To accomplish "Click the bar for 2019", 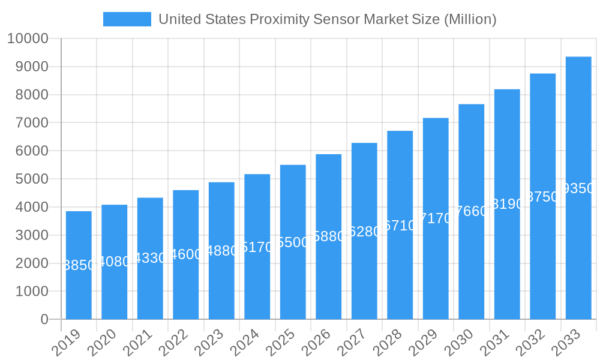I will (79, 288).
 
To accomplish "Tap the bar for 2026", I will (328, 276).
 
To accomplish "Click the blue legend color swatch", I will (127, 19).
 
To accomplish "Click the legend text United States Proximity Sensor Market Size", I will (327, 19).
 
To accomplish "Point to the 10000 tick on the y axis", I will (28, 39).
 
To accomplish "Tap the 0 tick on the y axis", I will (44, 319).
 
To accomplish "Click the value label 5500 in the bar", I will (293, 242).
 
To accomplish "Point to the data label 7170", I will (436, 218).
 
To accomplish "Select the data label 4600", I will (186, 254).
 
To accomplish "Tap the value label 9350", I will (578, 188).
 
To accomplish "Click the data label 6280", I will (364, 232).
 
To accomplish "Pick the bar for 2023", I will (221, 282).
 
